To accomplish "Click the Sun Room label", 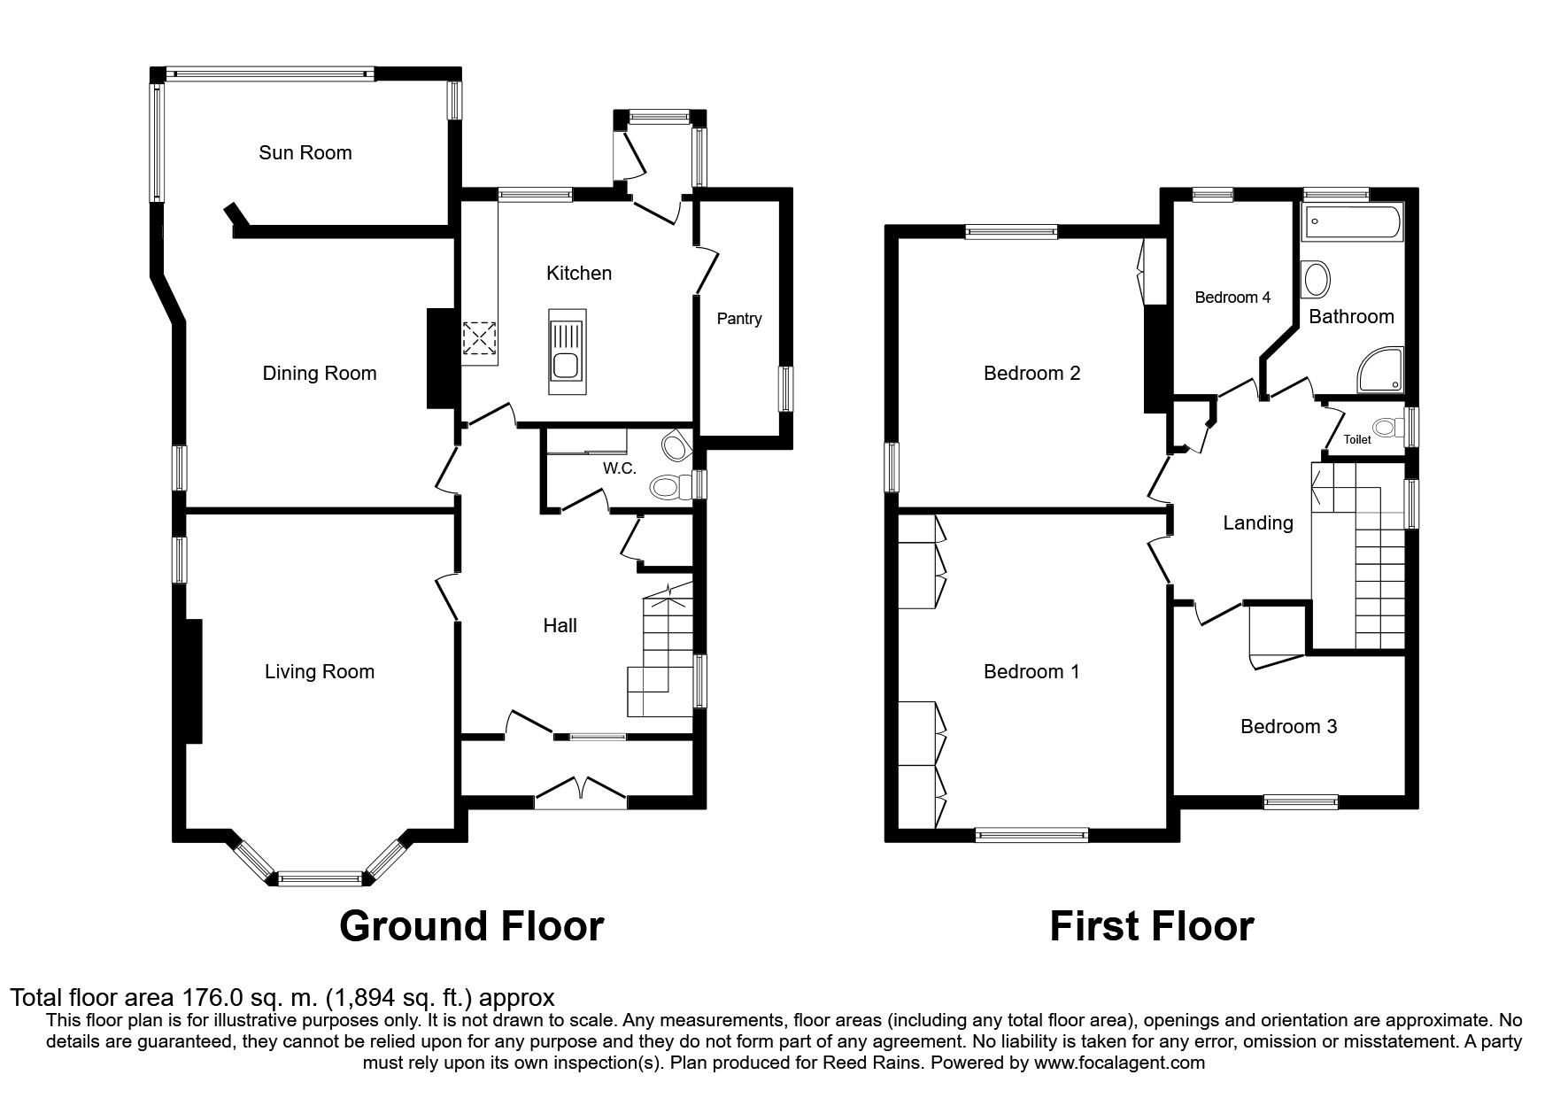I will coord(305,152).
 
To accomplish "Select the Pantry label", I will coord(738,319).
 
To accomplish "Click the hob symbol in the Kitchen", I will coord(479,338).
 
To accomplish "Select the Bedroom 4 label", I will coord(1232,298).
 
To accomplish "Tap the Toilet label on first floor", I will coord(1356,439).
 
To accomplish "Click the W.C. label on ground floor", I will coord(620,468).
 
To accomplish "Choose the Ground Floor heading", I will coord(471,926).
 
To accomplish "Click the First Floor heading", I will coord(1151,926).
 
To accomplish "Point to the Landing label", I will coord(1257,522).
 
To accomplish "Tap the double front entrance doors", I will coord(581,791).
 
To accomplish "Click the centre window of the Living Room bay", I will coord(320,878).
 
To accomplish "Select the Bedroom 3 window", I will coord(1300,802).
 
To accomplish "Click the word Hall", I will coord(560,626).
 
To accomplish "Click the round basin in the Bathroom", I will coord(1317,281).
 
